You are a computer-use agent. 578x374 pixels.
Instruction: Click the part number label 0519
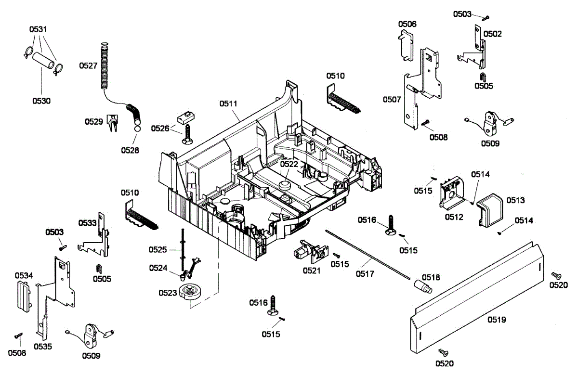[x=496, y=319]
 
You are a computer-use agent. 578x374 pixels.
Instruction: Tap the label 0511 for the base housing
[x=229, y=103]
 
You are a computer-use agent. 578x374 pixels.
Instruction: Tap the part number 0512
[x=454, y=217]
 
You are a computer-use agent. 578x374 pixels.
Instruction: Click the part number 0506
[x=407, y=24]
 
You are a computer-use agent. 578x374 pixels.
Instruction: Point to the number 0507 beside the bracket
[x=392, y=100]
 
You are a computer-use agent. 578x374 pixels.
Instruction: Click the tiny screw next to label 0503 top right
[x=486, y=18]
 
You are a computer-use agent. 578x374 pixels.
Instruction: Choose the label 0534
[x=23, y=275]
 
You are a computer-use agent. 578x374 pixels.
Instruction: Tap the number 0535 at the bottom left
[x=43, y=346]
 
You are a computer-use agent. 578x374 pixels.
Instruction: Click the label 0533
[x=87, y=223]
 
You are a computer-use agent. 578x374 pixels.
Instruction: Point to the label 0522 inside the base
[x=289, y=164]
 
